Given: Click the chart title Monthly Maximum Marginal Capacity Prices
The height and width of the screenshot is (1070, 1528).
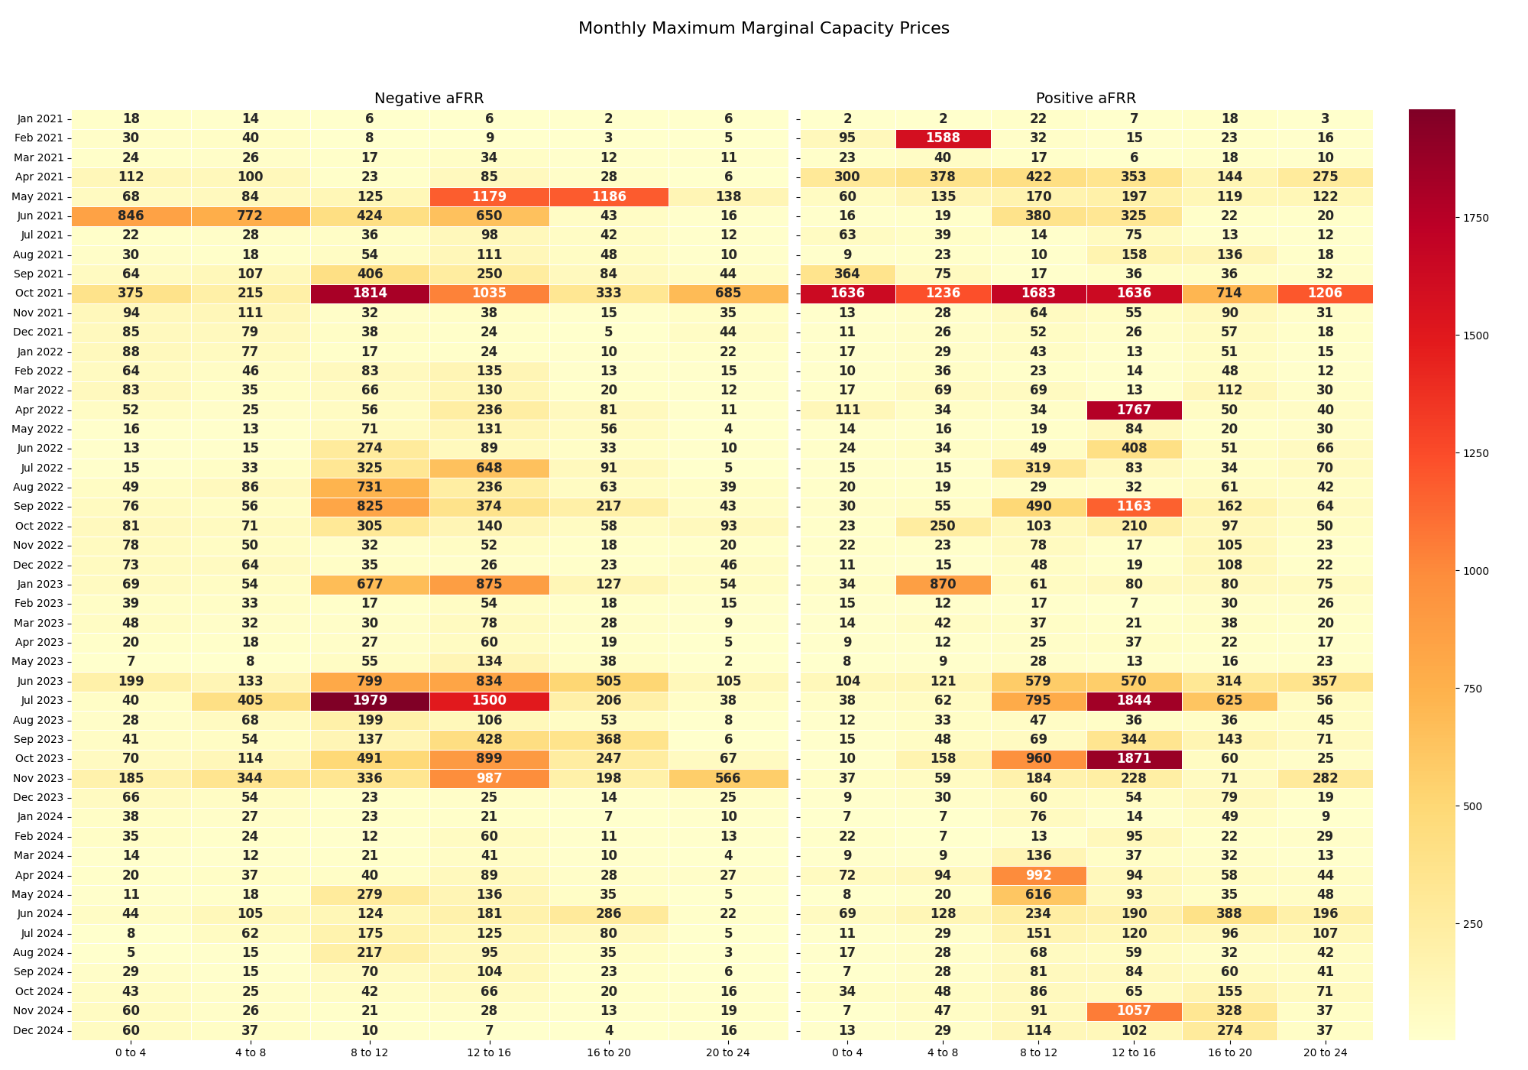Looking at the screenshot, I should pos(763,28).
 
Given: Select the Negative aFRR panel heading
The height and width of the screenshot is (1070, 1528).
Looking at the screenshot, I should pos(429,99).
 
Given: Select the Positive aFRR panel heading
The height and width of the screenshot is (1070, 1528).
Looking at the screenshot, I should pos(1086,99).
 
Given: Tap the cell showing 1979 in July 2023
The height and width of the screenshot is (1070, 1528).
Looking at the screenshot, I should pos(370,701).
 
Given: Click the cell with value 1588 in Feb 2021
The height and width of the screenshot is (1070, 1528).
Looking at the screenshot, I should pos(943,138).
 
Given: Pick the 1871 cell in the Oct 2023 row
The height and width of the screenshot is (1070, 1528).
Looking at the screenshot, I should pos(1134,759).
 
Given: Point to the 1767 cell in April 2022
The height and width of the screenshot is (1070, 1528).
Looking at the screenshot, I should pos(1134,410).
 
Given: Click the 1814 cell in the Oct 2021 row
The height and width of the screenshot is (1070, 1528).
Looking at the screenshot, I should pos(370,293).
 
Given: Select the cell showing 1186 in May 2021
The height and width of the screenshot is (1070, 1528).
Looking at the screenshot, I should pos(609,196).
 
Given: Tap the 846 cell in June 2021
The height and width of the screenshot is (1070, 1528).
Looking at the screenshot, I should pos(131,216).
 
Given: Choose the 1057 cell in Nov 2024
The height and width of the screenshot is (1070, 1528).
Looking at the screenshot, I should pos(1134,1011).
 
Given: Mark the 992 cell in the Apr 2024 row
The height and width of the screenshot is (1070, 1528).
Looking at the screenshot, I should pos(1038,875).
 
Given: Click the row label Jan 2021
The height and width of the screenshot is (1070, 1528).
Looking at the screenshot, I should pos(40,118).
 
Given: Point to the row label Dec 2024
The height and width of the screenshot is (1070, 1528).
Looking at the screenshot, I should pos(40,1031).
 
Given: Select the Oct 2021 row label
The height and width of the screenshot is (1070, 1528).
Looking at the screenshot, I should pos(40,293).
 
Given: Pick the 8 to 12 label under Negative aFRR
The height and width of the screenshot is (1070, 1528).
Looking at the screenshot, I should pos(370,1052).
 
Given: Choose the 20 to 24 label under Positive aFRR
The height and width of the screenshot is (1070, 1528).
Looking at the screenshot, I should pos(1325,1052).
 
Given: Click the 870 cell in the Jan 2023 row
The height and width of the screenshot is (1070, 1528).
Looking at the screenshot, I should pos(943,585).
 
